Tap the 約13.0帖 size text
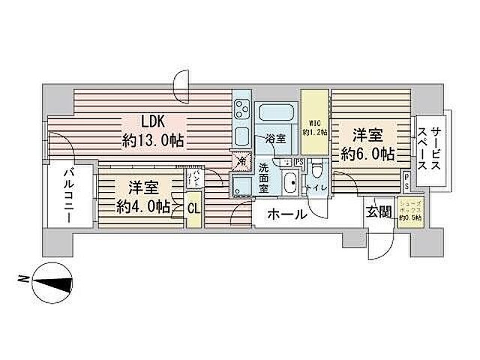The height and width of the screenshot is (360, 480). pyautogui.click(x=154, y=139)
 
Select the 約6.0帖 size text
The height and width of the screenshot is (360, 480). pyautogui.click(x=368, y=153)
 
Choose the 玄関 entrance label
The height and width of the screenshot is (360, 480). pyautogui.click(x=378, y=211)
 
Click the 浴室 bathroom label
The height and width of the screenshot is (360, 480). pyautogui.click(x=275, y=139)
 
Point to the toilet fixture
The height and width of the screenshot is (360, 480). pyautogui.click(x=316, y=171)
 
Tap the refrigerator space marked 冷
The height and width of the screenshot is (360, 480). pyautogui.click(x=241, y=160)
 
